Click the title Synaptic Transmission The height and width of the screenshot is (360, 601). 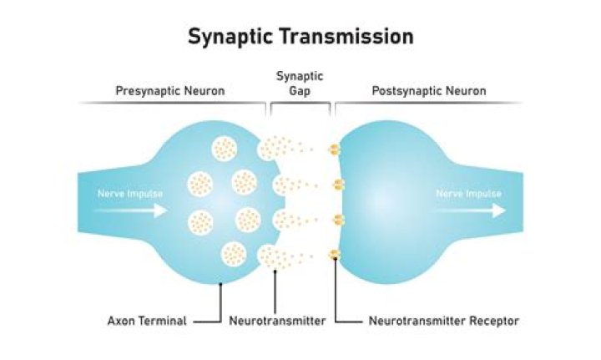(x=300, y=37)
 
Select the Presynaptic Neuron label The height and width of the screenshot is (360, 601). (x=169, y=90)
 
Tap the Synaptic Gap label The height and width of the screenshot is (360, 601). (x=300, y=84)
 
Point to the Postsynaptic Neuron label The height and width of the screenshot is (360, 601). (x=431, y=90)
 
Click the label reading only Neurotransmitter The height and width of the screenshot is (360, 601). (x=277, y=320)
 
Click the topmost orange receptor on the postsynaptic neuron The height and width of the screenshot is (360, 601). (x=335, y=150)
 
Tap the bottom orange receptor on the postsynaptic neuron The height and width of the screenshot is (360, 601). (x=335, y=254)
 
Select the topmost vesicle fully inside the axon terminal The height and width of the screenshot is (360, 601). (x=224, y=149)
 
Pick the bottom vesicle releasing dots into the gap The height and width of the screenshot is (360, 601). (x=270, y=256)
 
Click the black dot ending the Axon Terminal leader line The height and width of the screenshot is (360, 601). (x=220, y=284)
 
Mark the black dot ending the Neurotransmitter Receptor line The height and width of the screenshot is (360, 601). (x=336, y=260)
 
